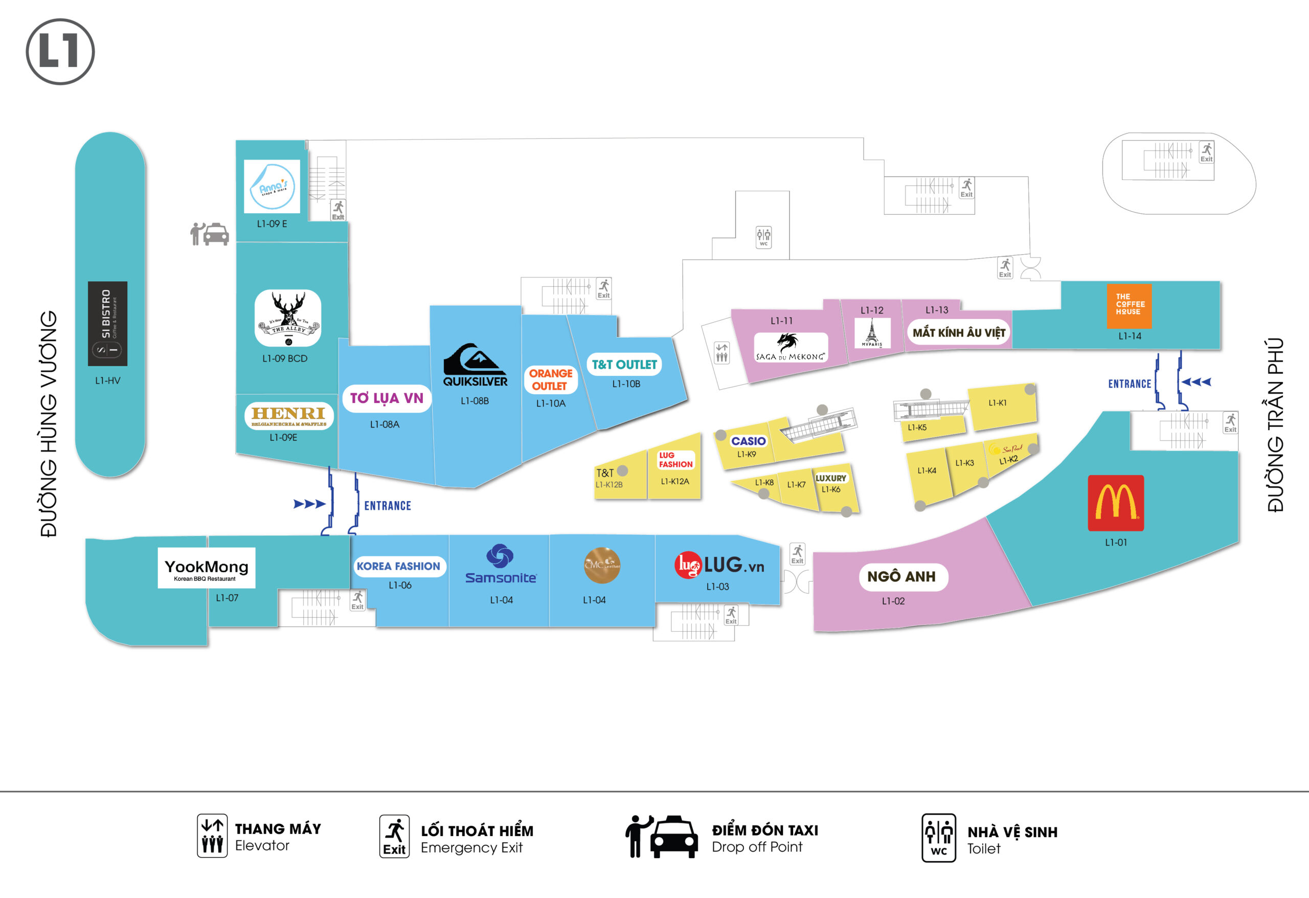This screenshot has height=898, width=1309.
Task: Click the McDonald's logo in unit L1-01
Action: click(1115, 503)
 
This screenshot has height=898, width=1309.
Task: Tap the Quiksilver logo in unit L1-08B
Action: click(475, 365)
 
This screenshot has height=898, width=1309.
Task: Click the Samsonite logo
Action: click(500, 564)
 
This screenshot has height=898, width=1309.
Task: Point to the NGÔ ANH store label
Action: click(900, 576)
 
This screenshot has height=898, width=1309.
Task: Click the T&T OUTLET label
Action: click(624, 365)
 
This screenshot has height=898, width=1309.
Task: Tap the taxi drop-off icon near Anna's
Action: click(210, 234)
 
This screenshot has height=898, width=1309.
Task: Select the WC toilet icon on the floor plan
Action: click(763, 237)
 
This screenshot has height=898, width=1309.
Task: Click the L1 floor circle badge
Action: click(60, 51)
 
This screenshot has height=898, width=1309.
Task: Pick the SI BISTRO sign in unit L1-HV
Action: click(107, 323)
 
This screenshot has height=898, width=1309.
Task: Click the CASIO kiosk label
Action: click(748, 441)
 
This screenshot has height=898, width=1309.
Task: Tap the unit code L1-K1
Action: click(997, 403)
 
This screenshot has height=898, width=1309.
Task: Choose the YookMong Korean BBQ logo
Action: click(206, 567)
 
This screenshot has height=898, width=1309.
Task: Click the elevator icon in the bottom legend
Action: click(212, 835)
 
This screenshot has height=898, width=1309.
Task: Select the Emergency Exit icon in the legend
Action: click(394, 836)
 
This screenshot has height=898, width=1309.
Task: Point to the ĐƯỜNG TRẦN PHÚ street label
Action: click(1275, 425)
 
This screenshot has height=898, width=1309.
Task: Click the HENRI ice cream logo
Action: click(289, 416)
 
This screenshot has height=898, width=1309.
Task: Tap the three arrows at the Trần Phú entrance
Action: click(1196, 382)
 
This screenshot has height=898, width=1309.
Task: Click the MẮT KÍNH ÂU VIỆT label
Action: click(958, 332)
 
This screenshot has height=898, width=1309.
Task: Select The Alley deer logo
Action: click(288, 318)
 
